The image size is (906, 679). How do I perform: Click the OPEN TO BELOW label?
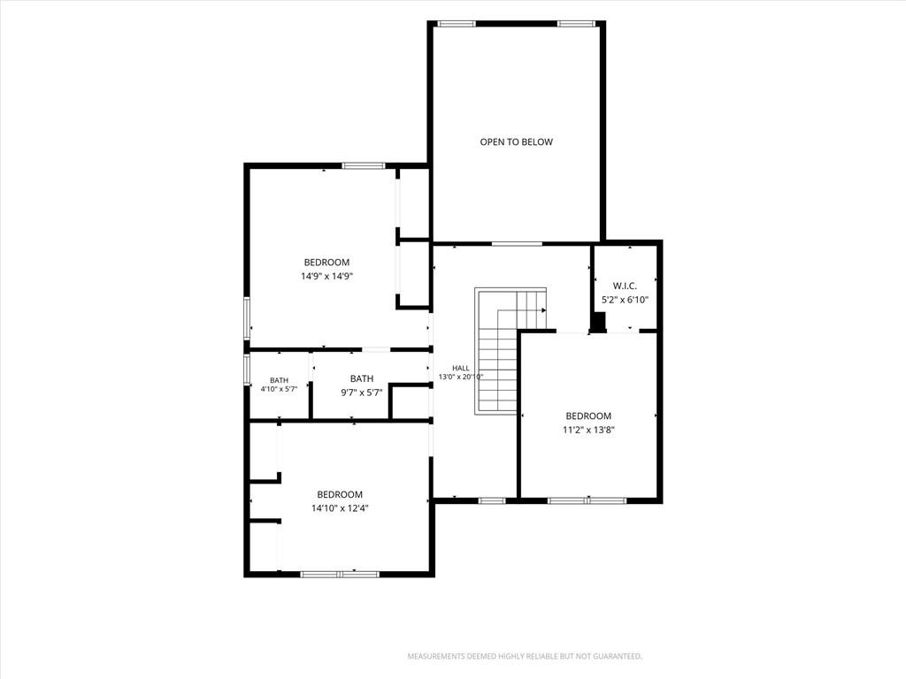click(x=516, y=142)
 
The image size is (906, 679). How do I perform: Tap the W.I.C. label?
click(x=625, y=286)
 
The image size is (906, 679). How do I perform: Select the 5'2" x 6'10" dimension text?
click(x=626, y=300)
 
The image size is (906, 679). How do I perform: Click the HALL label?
click(x=460, y=368)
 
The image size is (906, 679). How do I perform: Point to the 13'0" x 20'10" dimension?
click(x=460, y=377)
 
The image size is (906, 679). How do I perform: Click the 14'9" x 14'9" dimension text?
click(x=326, y=276)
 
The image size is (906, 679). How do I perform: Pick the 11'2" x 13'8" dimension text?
click(x=588, y=430)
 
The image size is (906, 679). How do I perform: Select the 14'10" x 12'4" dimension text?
click(x=340, y=508)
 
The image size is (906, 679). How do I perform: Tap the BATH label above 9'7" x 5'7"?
click(x=362, y=378)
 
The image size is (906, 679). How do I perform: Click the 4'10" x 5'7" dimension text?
click(x=279, y=389)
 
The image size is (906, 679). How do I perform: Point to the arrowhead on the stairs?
click(x=543, y=310)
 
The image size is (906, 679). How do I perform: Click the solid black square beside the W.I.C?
click(x=599, y=321)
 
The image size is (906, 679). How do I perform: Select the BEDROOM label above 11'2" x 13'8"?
click(x=588, y=416)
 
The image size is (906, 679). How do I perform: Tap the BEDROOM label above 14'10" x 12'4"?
click(x=340, y=494)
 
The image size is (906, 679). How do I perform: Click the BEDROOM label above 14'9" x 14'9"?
click(x=326, y=262)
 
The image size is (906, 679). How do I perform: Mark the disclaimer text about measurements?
click(x=525, y=656)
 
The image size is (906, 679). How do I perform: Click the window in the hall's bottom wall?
click(x=492, y=500)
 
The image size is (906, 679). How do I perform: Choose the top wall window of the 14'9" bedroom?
click(x=364, y=166)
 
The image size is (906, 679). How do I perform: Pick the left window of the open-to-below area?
click(x=457, y=24)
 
